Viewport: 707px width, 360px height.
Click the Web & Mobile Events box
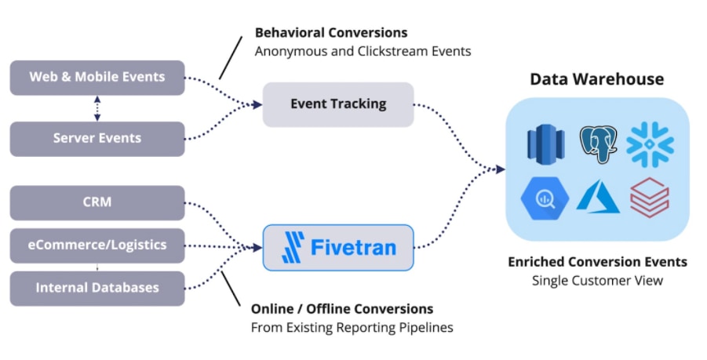[97, 78]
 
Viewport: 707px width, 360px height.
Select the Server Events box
[97, 139]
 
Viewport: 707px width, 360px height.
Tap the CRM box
[97, 203]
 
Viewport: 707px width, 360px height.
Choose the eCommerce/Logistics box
[97, 245]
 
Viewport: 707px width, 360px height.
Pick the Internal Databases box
[97, 289]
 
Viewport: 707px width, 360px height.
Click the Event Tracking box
[338, 104]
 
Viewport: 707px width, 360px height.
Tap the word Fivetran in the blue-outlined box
[353, 247]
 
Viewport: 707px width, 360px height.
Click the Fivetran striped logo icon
[293, 247]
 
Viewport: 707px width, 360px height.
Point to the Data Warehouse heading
[596, 79]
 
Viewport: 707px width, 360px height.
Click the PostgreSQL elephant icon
[599, 144]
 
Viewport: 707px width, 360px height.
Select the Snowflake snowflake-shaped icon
[650, 144]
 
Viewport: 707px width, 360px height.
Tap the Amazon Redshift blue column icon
[545, 144]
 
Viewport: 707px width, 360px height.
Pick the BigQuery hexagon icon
[545, 198]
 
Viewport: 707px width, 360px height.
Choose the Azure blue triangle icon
[598, 196]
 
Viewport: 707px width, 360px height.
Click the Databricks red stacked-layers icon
[650, 198]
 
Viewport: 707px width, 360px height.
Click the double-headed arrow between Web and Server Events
[97, 108]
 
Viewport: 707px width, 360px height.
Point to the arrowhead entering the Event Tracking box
[257, 105]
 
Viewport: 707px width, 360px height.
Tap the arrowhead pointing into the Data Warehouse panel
[500, 169]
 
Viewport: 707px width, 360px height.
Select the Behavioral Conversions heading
[331, 33]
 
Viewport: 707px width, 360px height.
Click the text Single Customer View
[597, 281]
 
